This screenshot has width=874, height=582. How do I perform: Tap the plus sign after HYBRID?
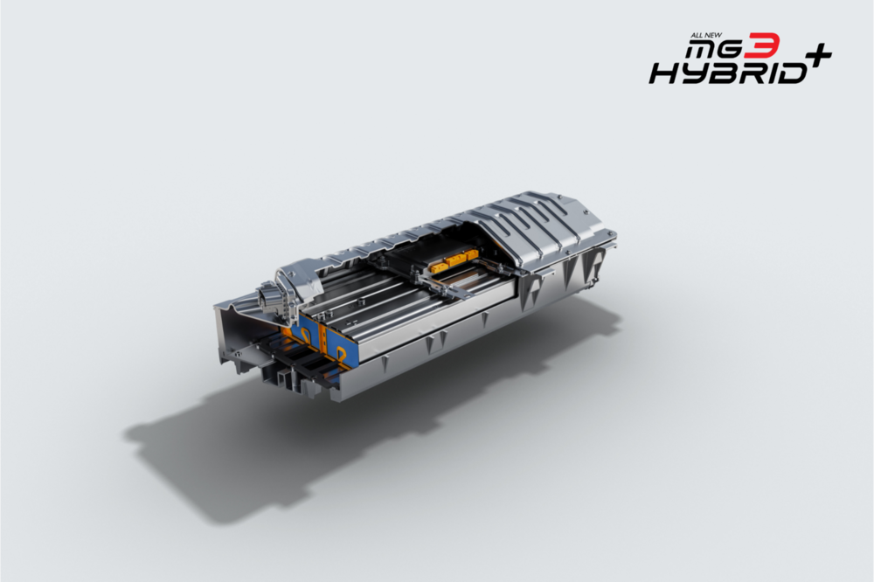tap(817, 55)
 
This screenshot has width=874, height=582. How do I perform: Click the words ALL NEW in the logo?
tap(707, 35)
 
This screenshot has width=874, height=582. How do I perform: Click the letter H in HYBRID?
tap(664, 73)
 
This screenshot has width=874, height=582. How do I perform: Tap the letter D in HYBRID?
tap(793, 73)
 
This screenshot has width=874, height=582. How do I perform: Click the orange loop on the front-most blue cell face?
tap(340, 352)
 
